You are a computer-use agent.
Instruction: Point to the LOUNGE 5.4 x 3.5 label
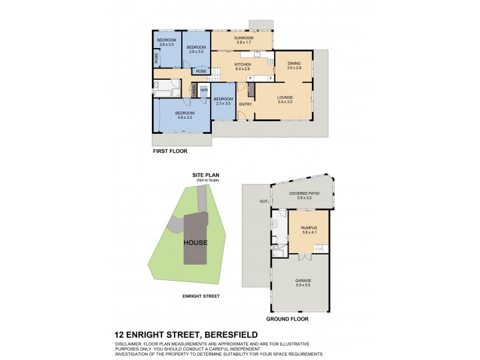click(284, 99)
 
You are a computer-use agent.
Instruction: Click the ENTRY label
click(245, 104)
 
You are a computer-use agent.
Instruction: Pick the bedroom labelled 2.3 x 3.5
click(223, 101)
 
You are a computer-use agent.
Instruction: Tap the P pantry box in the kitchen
click(250, 79)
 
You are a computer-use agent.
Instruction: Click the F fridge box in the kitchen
click(270, 79)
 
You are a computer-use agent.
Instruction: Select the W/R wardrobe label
click(204, 91)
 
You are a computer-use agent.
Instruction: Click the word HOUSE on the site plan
click(196, 242)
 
